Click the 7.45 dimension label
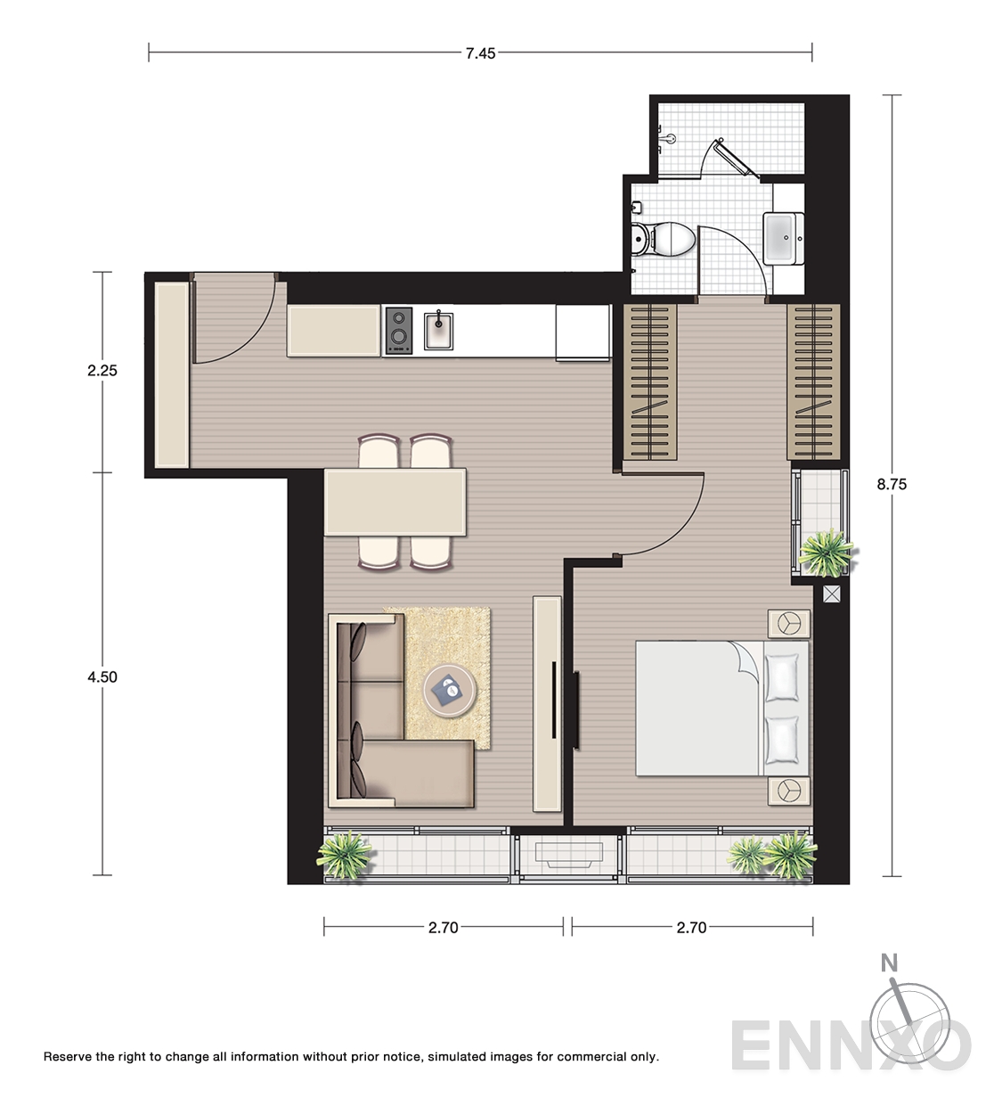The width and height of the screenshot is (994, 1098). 480,53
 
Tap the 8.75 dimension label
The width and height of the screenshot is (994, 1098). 892,485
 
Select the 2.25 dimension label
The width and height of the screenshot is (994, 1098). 102,371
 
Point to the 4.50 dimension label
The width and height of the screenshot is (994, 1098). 102,677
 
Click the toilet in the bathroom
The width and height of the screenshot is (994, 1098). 663,239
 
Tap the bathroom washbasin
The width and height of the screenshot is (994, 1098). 784,239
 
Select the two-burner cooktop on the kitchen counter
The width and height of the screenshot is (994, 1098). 399,332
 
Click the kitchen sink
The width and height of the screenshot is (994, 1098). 439,332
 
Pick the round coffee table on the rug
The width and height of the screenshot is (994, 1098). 450,692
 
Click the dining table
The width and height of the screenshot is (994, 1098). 395,502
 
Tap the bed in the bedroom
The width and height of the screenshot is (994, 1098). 722,709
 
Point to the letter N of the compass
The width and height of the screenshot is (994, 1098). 889,979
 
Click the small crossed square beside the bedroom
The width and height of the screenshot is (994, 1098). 832,594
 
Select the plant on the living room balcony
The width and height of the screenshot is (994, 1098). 345,856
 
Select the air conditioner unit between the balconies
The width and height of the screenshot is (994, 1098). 569,856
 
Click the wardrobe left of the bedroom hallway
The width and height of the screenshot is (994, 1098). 650,382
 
